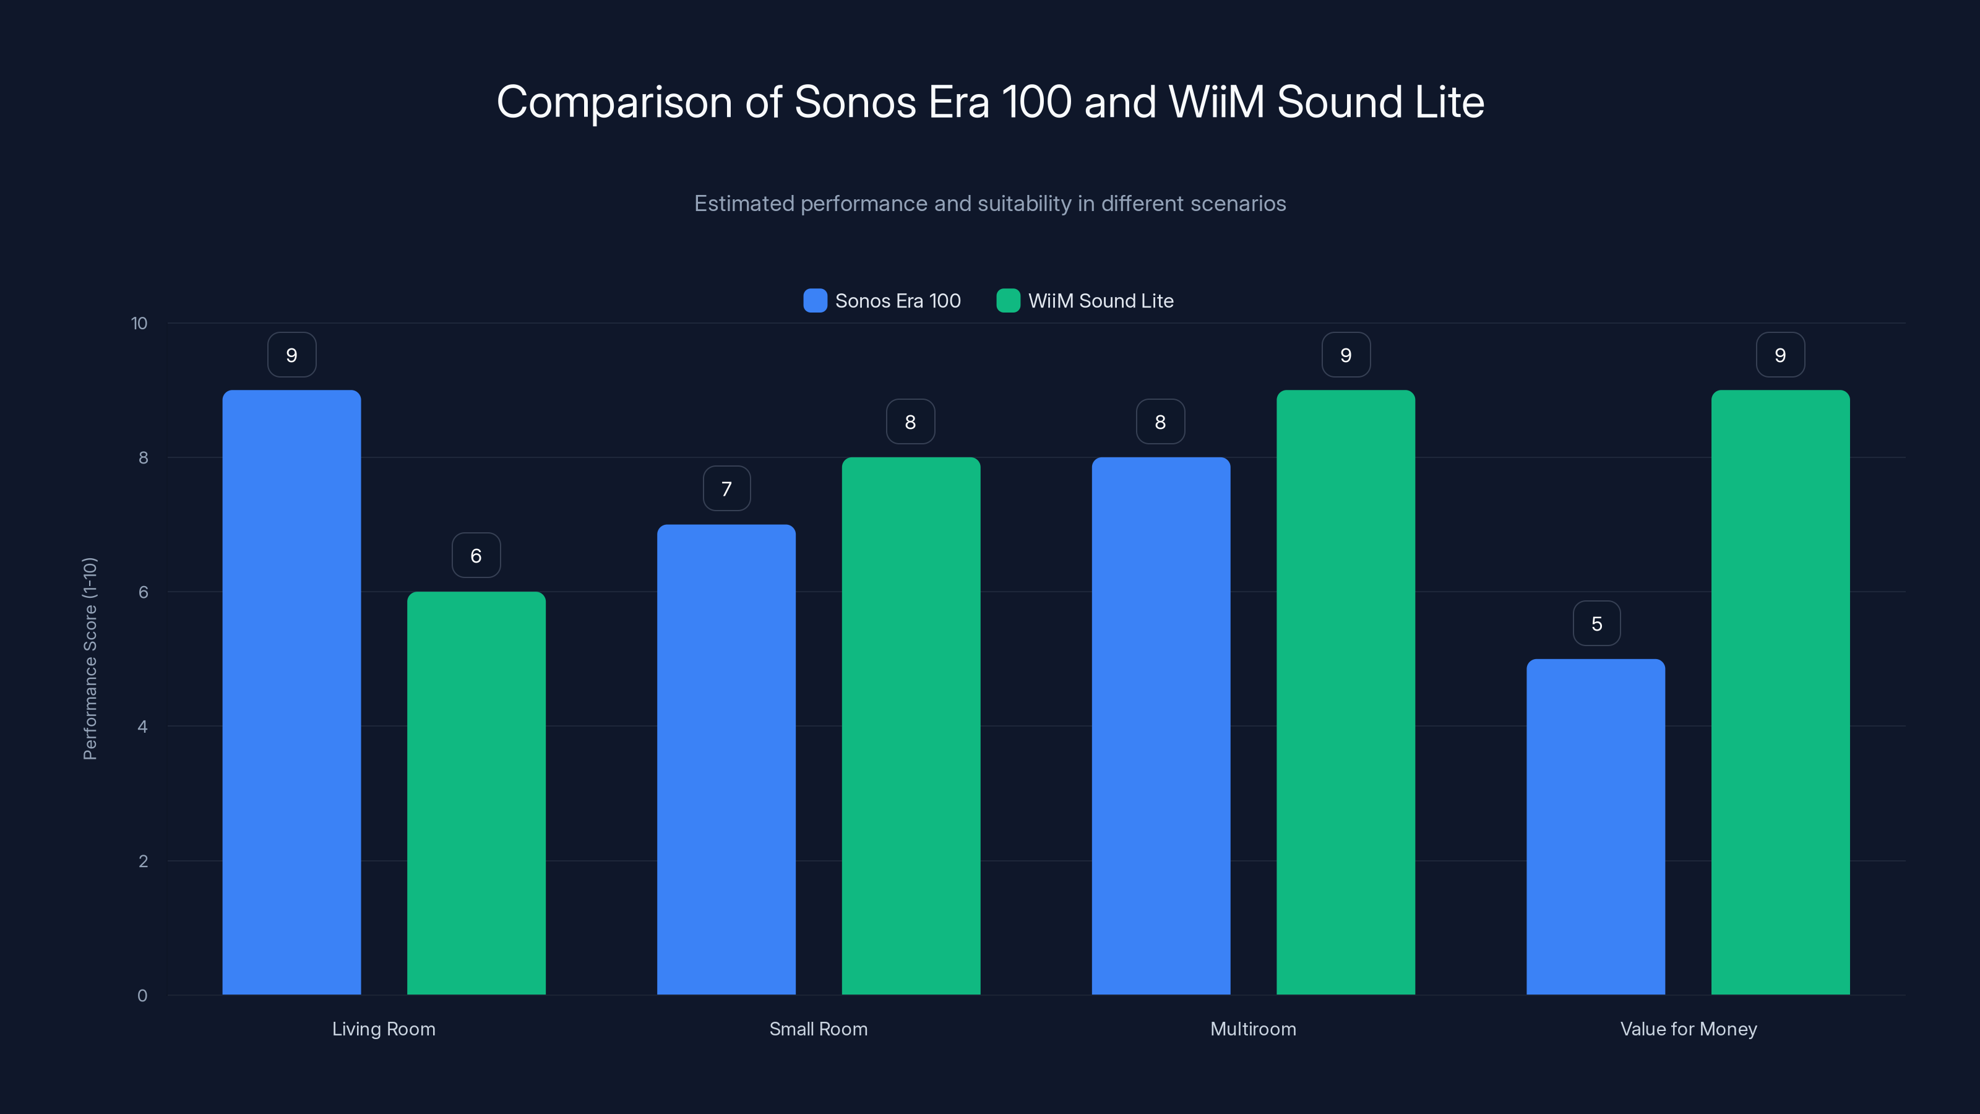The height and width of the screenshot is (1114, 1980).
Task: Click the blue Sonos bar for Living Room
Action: point(291,692)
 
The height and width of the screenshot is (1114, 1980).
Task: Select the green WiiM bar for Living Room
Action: point(476,793)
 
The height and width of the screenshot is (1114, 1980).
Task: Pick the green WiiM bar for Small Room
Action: point(911,726)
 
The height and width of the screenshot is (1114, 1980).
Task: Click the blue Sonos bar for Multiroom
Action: point(1161,726)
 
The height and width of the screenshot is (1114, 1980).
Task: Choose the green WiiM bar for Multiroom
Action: point(1345,692)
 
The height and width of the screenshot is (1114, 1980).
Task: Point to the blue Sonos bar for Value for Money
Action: point(1595,826)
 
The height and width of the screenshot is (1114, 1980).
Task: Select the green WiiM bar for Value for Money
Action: point(1780,692)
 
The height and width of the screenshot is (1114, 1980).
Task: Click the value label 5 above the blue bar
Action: point(1596,623)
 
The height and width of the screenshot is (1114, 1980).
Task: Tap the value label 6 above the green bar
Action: point(476,556)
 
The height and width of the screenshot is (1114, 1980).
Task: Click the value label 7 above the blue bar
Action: point(726,489)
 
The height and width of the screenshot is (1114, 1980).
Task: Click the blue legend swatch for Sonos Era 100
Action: point(815,301)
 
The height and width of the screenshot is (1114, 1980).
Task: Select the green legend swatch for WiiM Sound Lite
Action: point(1008,301)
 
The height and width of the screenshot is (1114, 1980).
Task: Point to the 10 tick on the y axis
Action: point(139,324)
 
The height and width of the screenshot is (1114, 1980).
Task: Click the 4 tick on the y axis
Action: point(143,727)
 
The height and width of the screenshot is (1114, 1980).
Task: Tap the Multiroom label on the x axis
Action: point(1253,1029)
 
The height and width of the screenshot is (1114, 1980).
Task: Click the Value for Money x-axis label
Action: point(1688,1029)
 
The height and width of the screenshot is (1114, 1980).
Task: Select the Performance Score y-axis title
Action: point(90,659)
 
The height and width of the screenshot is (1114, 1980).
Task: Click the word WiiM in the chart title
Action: point(1216,102)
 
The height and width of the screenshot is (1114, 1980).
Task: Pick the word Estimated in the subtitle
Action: point(743,204)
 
